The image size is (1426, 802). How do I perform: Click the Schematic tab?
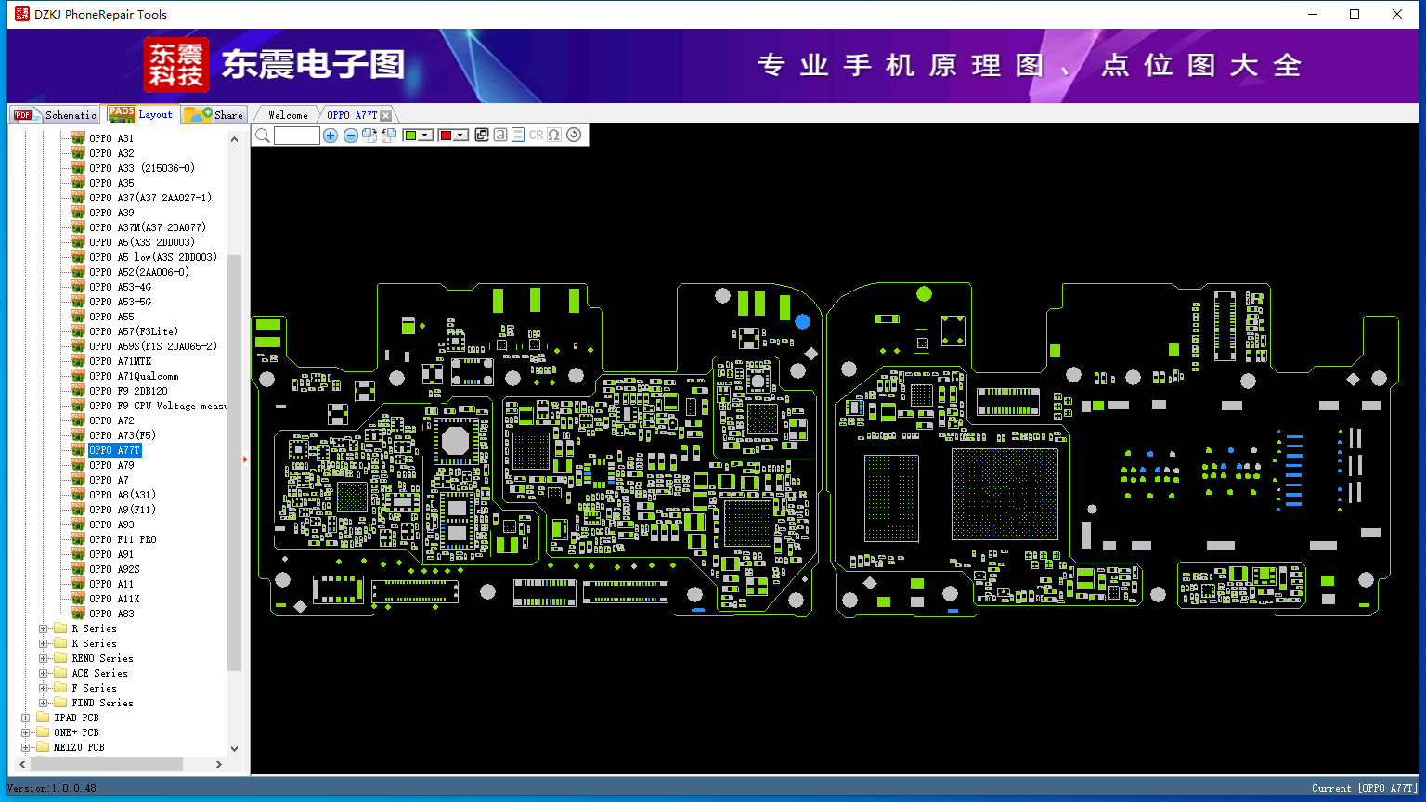59,115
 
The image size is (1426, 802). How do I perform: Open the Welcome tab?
288,115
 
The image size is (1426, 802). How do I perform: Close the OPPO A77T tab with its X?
386,115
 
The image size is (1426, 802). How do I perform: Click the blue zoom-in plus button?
331,136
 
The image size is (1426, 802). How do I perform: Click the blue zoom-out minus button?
350,136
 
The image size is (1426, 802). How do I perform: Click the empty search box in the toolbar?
297,136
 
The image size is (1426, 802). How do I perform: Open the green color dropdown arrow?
426,136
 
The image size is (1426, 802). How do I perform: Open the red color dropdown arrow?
460,136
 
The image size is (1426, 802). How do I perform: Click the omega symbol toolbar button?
554,136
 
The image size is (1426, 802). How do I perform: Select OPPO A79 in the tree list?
111,465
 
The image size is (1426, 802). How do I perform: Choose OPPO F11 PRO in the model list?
123,539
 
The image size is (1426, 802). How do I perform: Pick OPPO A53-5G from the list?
120,302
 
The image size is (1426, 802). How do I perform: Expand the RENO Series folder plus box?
44,658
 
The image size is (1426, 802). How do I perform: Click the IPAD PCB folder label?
76,718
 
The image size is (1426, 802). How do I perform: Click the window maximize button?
1355,14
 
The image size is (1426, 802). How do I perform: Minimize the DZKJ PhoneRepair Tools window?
1313,14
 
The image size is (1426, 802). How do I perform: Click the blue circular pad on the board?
802,321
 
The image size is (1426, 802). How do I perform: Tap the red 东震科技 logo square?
176,65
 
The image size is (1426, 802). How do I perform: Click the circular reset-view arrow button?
574,136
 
